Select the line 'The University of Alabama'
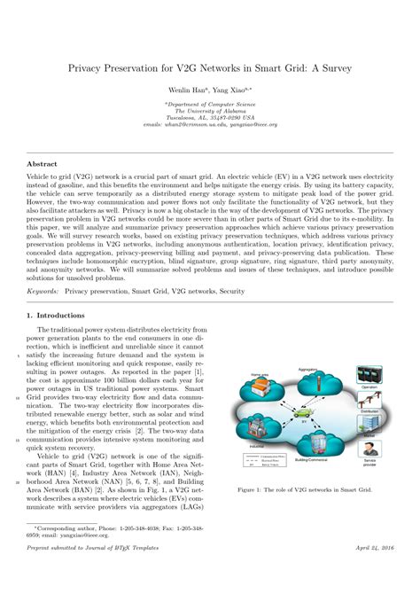[x=209, y=110]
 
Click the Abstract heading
[x=43, y=164]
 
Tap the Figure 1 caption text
[x=306, y=489]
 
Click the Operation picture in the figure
[x=370, y=348]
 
